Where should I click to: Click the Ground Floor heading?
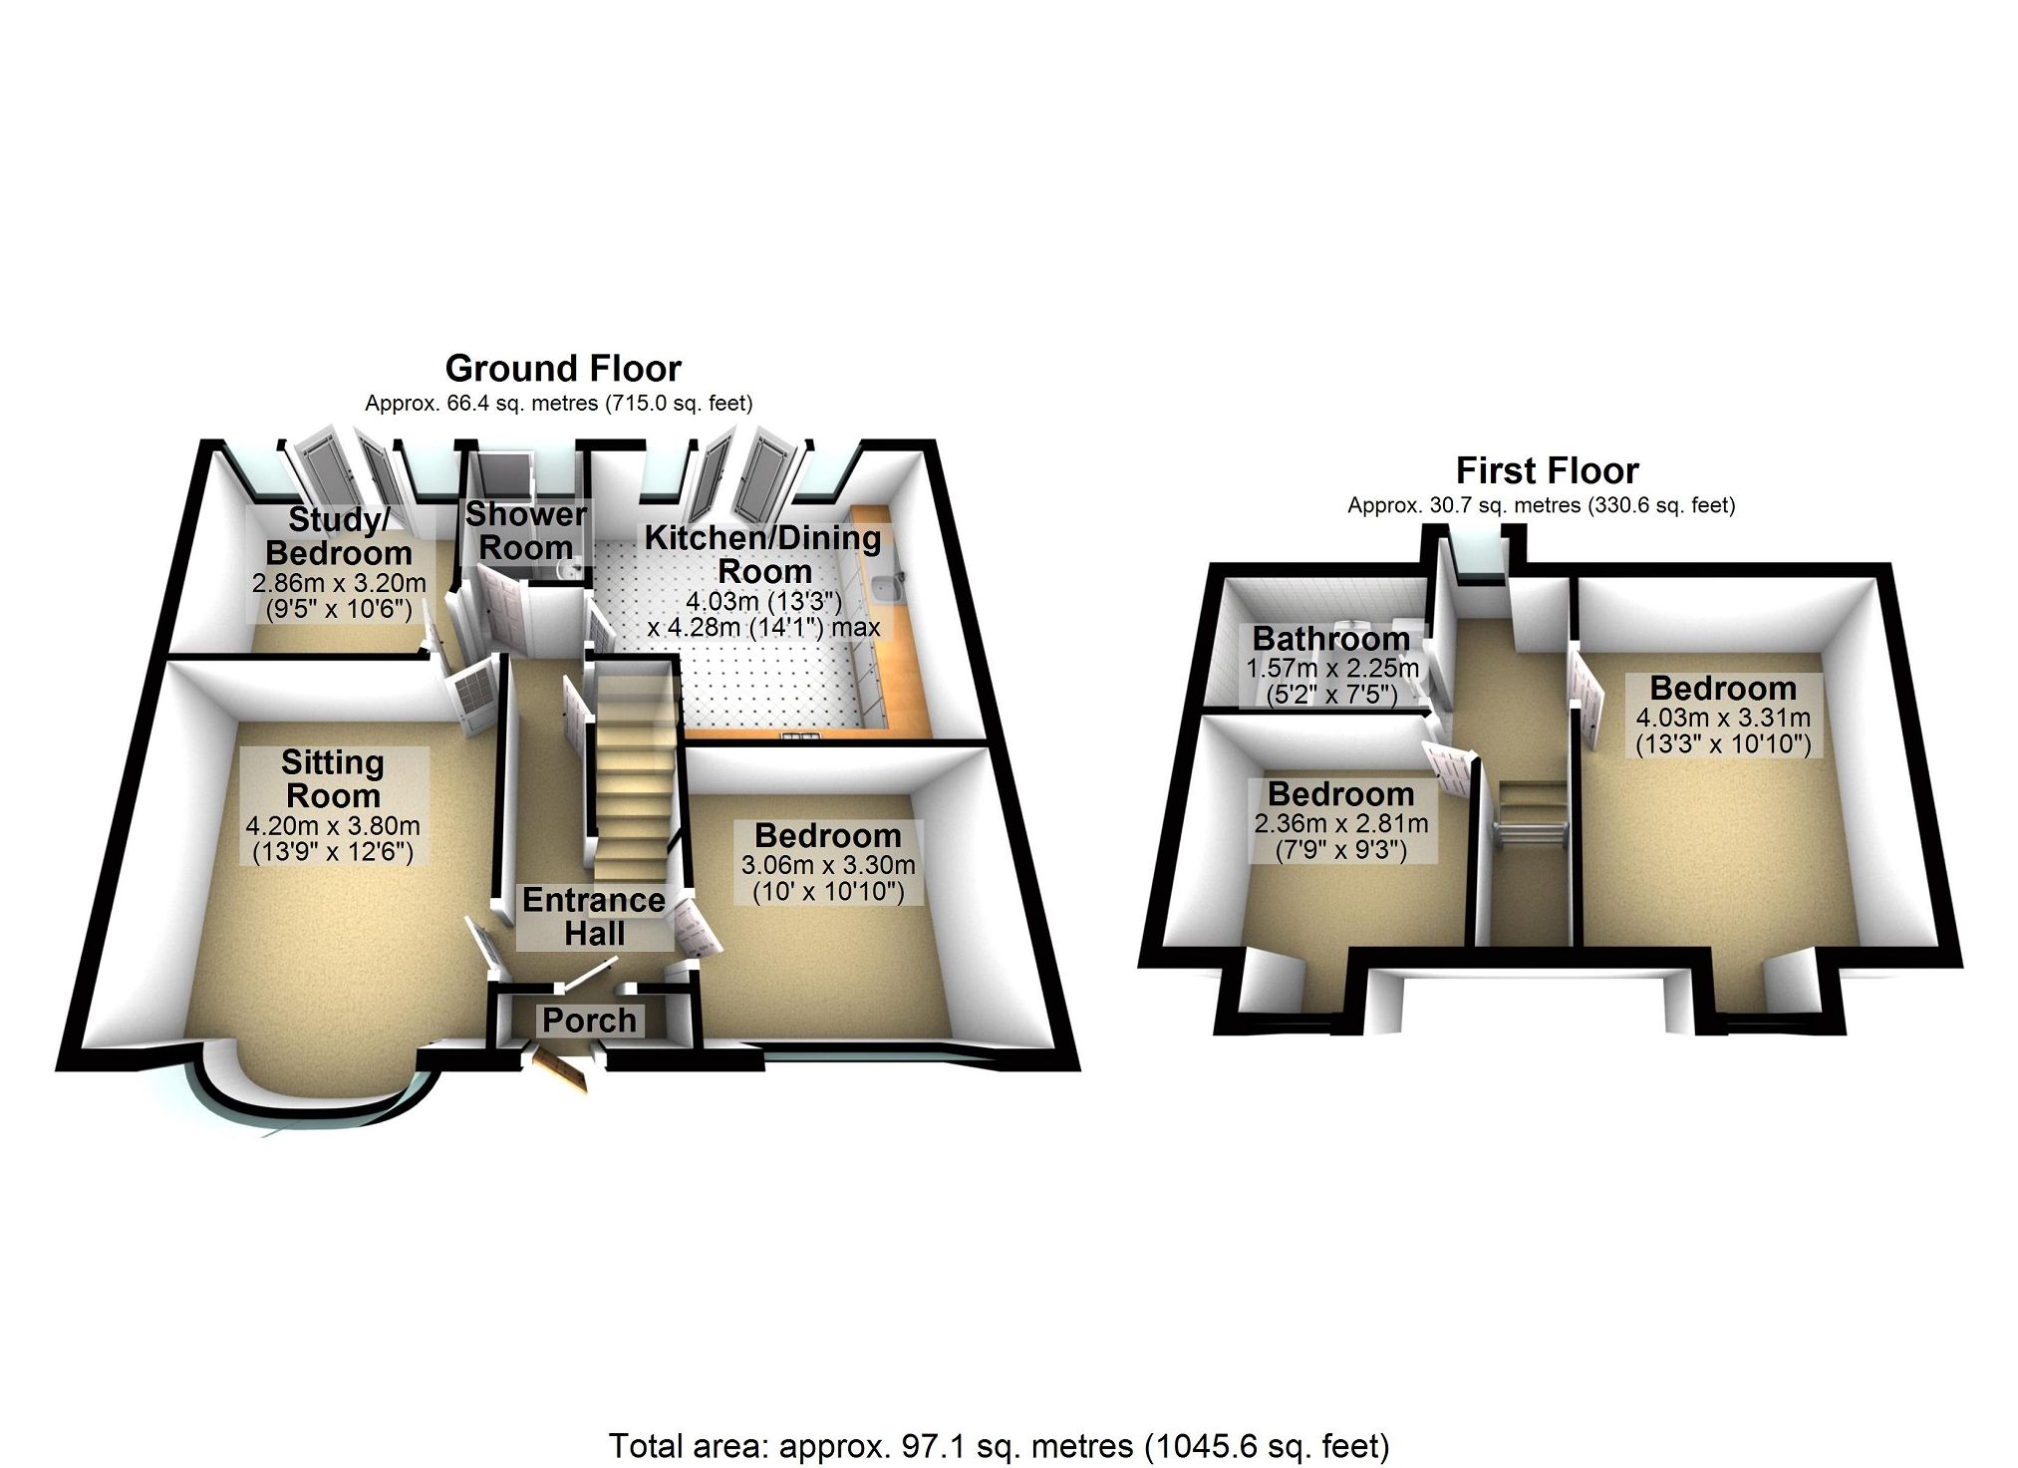(563, 369)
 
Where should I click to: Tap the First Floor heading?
(1547, 470)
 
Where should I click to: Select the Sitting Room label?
(332, 779)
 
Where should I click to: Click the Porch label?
(589, 1021)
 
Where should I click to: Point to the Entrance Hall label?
(594, 917)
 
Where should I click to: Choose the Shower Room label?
(525, 531)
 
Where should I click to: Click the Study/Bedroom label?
(339, 536)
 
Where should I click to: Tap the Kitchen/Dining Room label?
(763, 554)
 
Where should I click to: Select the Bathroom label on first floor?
(1330, 638)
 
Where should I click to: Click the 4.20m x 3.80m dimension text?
(333, 826)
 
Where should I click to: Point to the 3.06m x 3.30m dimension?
(828, 865)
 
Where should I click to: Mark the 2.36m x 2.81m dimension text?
(1341, 824)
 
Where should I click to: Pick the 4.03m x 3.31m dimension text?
(1723, 718)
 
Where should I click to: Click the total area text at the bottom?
(999, 1445)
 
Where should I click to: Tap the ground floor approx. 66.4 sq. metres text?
(558, 404)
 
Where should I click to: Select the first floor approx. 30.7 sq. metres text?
(1541, 505)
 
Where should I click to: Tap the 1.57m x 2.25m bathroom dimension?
(1332, 667)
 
